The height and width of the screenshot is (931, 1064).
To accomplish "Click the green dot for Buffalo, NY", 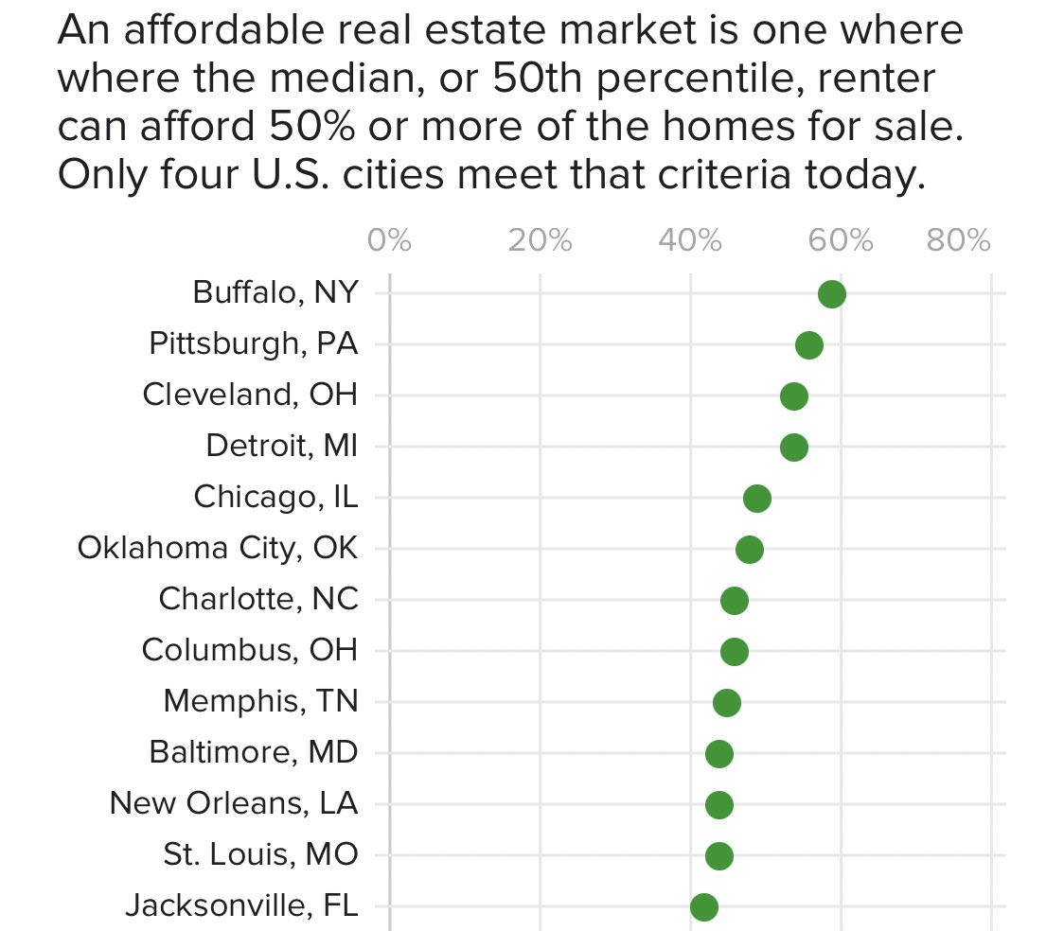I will (831, 294).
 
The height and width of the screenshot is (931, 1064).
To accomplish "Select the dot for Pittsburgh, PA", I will (808, 345).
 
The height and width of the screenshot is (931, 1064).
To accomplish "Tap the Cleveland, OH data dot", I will (794, 396).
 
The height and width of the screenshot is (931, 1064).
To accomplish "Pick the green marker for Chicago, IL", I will (756, 499).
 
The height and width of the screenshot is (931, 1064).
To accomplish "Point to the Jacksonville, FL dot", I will (703, 907).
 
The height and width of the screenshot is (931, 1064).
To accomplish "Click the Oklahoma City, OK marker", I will (749, 550).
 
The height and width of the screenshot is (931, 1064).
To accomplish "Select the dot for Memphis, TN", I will (726, 703).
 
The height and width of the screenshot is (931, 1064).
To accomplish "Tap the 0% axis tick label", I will (389, 241).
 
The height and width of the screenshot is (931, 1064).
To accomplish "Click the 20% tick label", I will (540, 241).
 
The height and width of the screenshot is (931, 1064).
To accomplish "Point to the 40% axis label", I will (690, 241).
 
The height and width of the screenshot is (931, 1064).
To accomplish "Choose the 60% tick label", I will (841, 241).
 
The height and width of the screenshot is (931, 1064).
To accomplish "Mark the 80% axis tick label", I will (959, 241).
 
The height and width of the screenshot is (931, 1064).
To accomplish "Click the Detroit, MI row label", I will (281, 445).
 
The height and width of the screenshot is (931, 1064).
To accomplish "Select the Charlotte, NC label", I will (258, 599).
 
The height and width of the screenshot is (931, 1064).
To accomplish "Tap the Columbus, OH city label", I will (250, 650).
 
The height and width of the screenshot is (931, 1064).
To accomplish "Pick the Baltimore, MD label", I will (254, 752).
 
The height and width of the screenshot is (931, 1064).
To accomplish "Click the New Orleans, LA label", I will (234, 803).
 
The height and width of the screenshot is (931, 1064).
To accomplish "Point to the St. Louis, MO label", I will (260, 854).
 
